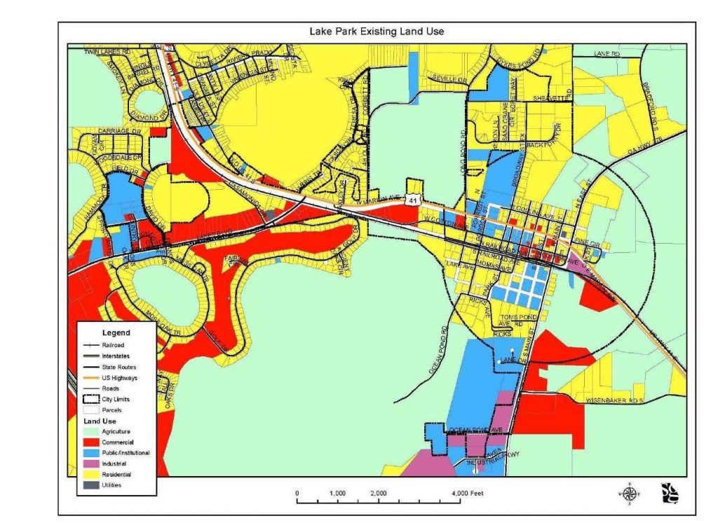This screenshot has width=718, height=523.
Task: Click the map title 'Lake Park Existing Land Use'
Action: pos(377,32)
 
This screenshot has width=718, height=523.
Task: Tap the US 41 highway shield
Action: pos(410,201)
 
